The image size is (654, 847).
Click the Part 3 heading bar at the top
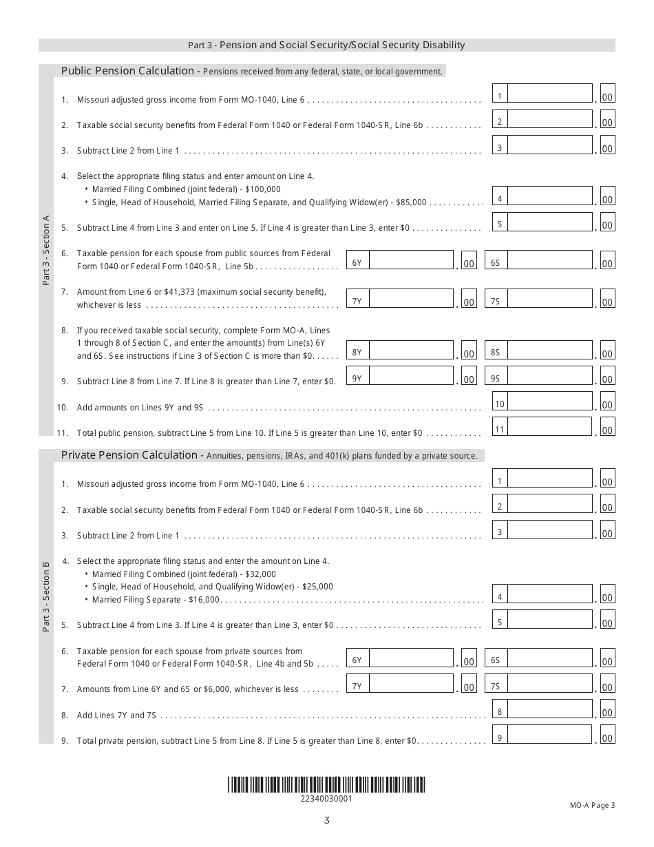[x=326, y=45]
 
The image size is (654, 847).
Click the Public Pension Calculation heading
[x=128, y=70]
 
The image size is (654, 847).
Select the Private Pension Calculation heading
[x=130, y=455]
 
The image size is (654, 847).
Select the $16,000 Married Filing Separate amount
[x=203, y=600]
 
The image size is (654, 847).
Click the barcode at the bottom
[x=326, y=785]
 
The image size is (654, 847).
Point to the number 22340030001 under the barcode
[x=326, y=799]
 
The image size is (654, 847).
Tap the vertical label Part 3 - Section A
[x=46, y=251]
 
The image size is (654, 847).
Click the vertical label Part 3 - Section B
[x=46, y=597]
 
